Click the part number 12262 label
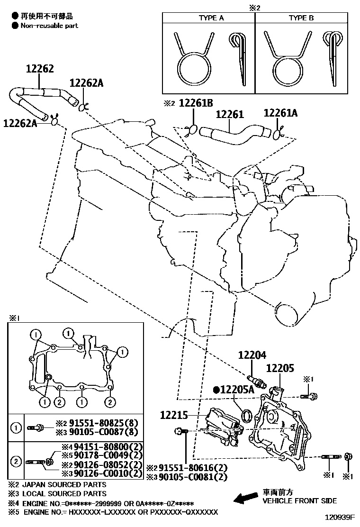[x=40, y=69]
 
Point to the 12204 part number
[x=252, y=355]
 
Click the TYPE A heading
[x=211, y=18]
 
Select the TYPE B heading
[x=301, y=18]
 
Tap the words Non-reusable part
[x=49, y=26]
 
